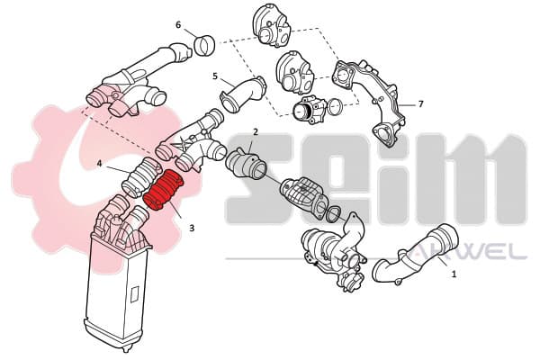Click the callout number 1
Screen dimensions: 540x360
[454, 274]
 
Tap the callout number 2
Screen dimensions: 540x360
[256, 131]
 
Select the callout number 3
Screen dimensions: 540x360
[192, 228]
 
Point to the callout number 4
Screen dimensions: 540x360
[99, 163]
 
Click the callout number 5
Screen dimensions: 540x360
[215, 76]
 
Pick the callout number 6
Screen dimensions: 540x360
[178, 25]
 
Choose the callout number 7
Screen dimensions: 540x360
[420, 103]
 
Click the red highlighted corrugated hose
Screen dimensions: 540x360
[163, 190]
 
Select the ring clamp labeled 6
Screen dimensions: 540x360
[205, 45]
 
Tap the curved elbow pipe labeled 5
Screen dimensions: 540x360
[243, 94]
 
